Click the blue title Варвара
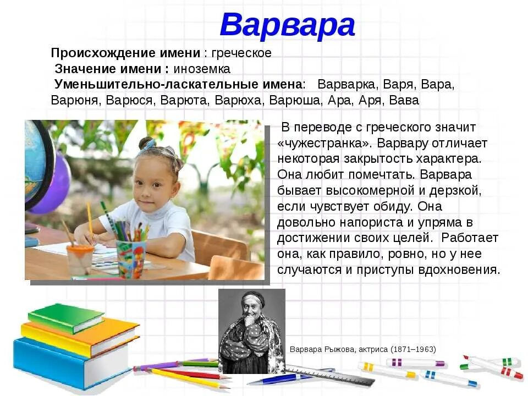[287, 25]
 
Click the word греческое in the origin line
[241, 53]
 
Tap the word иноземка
[202, 69]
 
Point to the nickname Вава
[404, 100]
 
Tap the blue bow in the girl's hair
[148, 145]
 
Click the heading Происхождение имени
[125, 53]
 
